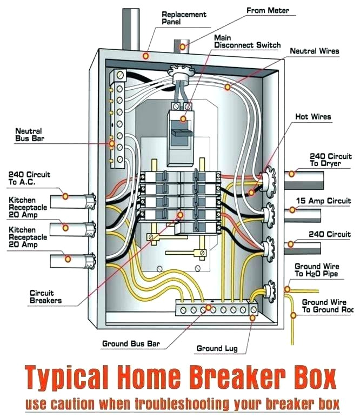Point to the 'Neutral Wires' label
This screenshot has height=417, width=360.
click(315, 51)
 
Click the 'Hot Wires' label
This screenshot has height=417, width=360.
click(312, 116)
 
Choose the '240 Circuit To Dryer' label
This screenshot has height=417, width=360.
click(330, 159)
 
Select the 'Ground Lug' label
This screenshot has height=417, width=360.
click(216, 349)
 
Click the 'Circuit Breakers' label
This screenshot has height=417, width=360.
click(45, 296)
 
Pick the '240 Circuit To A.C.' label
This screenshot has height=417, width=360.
click(29, 178)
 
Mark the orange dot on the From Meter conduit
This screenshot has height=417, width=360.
click(183, 47)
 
